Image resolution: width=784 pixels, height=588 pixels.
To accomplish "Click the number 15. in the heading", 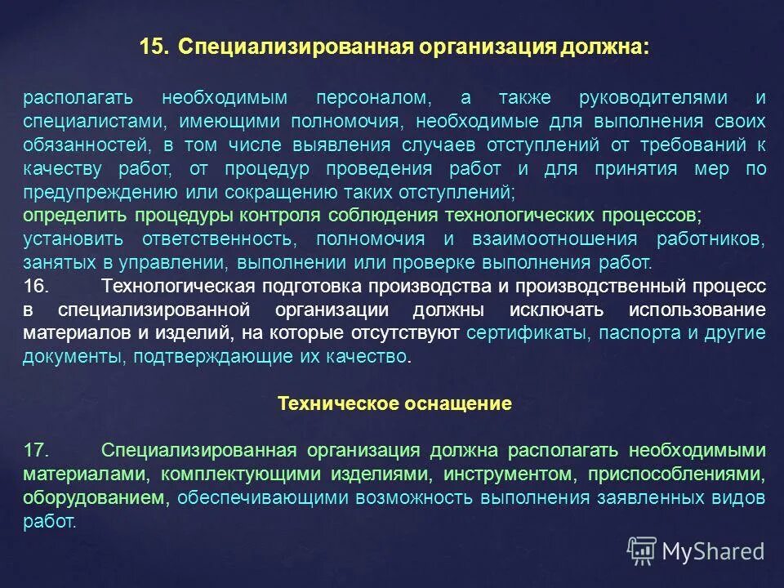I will point(154,47).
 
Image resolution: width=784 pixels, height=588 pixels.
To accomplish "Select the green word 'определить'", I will point(74,216).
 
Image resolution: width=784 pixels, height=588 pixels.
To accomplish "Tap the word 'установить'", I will point(73,239).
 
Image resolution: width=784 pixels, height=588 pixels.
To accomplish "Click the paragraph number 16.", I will point(37,287).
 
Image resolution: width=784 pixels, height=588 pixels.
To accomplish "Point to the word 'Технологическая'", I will point(173,287).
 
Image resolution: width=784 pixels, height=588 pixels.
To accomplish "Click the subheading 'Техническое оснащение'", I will point(394,403).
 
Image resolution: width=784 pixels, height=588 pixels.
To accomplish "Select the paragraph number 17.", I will point(37,451).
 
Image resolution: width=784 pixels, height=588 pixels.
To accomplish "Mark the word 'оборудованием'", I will point(93,498).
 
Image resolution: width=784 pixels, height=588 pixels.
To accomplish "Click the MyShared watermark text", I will point(713,551).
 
